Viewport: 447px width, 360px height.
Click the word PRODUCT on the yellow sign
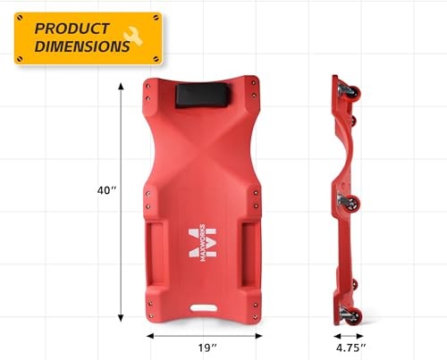(72, 29)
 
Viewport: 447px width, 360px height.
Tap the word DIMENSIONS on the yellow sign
(82, 46)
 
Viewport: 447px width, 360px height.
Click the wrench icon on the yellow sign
(133, 36)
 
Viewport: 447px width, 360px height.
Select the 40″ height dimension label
(106, 190)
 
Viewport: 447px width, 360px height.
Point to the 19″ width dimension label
(207, 347)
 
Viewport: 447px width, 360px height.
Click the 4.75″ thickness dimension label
(350, 347)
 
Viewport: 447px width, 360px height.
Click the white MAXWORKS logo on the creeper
(203, 242)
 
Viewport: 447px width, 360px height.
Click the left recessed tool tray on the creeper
(156, 254)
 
